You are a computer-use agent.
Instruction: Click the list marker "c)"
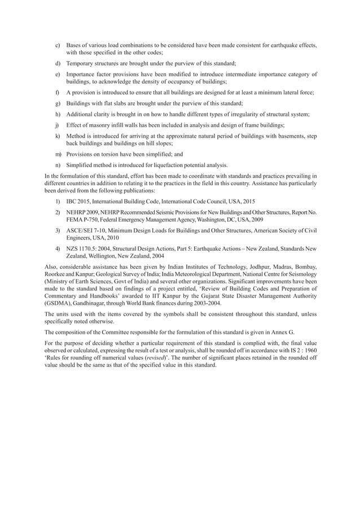(57, 45)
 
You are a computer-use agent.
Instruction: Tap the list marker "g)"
(57, 103)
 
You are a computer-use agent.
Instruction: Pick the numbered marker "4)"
(57, 249)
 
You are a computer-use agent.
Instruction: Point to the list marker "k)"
(57, 136)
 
